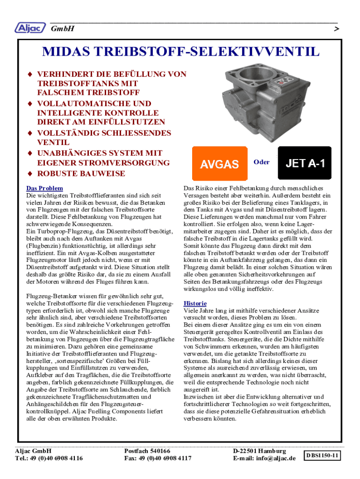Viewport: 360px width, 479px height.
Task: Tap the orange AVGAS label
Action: click(x=219, y=163)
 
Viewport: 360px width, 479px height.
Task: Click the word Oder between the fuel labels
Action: click(x=261, y=162)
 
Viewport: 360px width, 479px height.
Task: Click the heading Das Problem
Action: click(x=45, y=188)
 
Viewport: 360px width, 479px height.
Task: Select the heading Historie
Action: click(x=195, y=303)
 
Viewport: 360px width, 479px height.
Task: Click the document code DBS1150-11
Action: click(x=322, y=455)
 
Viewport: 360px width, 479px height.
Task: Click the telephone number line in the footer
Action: click(x=49, y=458)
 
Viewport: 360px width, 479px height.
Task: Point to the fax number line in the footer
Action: click(x=158, y=458)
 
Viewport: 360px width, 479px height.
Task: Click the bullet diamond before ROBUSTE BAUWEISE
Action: click(x=29, y=174)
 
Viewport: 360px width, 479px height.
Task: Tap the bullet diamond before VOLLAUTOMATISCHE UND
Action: click(x=29, y=104)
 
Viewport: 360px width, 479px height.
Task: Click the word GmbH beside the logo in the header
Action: click(x=62, y=29)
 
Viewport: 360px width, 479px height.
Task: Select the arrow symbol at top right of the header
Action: click(x=336, y=29)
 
